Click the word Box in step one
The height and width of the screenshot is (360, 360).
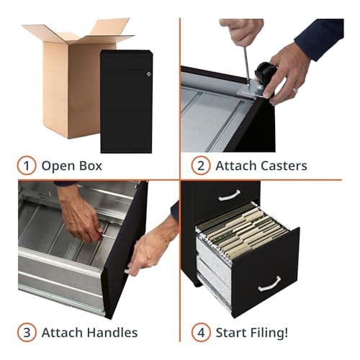88,166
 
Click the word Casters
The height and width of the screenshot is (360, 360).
279,166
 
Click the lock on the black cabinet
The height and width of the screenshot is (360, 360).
149,73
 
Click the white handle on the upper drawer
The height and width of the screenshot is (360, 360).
229,194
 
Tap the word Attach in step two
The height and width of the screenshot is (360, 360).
233,166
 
